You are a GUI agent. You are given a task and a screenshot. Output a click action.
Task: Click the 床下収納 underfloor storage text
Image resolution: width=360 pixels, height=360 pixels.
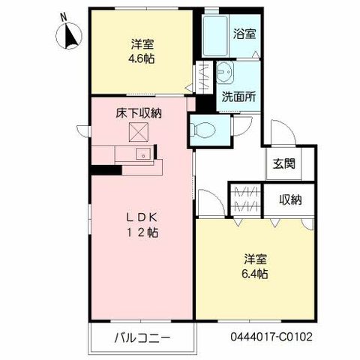139,114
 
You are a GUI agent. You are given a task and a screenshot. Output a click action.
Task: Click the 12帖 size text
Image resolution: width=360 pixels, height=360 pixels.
139,232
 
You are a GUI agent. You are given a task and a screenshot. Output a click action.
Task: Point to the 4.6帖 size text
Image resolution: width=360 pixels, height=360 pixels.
139,58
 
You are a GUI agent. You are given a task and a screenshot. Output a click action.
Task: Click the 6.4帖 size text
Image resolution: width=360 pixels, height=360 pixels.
256,274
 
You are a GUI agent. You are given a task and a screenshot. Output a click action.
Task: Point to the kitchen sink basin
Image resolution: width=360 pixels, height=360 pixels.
139,154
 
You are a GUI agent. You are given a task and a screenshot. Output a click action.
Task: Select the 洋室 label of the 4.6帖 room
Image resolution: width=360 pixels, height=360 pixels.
139,43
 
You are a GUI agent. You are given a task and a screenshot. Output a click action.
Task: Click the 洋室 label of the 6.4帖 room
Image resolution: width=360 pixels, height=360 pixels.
256,259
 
